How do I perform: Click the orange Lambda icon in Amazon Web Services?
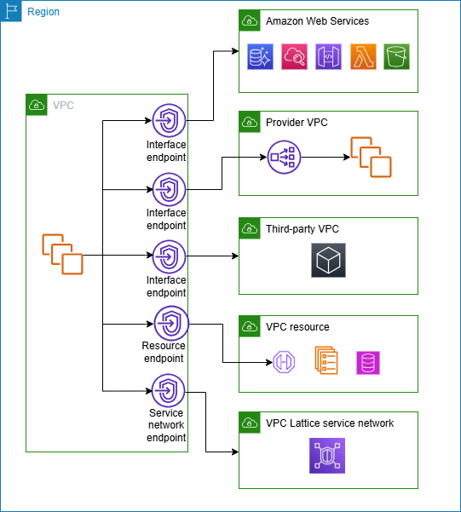point(363,57)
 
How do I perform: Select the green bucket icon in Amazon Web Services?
point(397,57)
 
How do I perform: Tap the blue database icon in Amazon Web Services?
point(260,57)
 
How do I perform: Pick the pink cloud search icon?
point(294,57)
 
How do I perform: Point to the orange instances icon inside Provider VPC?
point(370,157)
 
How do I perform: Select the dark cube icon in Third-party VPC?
point(328,260)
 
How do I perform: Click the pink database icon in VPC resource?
point(368,362)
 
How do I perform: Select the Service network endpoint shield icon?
point(168,390)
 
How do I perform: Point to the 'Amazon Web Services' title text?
point(317,20)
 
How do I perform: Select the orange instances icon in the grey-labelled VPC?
point(62,254)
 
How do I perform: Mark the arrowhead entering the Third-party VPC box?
point(235,255)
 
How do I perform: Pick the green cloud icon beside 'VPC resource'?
point(250,326)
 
